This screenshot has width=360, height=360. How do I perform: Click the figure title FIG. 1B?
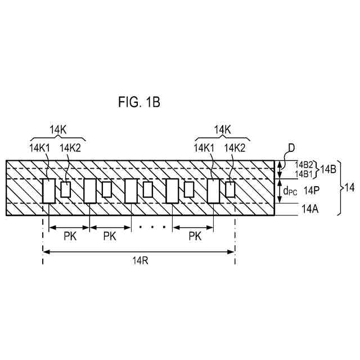point(139,102)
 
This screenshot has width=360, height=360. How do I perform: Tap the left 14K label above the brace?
point(56,130)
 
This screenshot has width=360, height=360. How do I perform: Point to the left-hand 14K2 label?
point(71,147)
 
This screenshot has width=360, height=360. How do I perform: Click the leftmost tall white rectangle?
point(49,191)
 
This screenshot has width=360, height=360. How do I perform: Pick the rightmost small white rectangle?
point(230,190)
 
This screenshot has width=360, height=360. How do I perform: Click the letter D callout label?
point(291,148)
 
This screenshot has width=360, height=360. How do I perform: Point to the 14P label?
point(311,191)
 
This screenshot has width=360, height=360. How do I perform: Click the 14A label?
point(310,209)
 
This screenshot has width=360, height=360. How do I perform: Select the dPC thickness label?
point(291,191)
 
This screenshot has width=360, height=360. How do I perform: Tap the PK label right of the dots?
point(195,236)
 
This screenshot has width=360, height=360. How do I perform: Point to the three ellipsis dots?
point(152,228)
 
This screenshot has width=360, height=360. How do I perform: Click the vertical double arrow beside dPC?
point(280,191)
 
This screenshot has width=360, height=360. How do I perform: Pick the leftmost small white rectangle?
point(65,190)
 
